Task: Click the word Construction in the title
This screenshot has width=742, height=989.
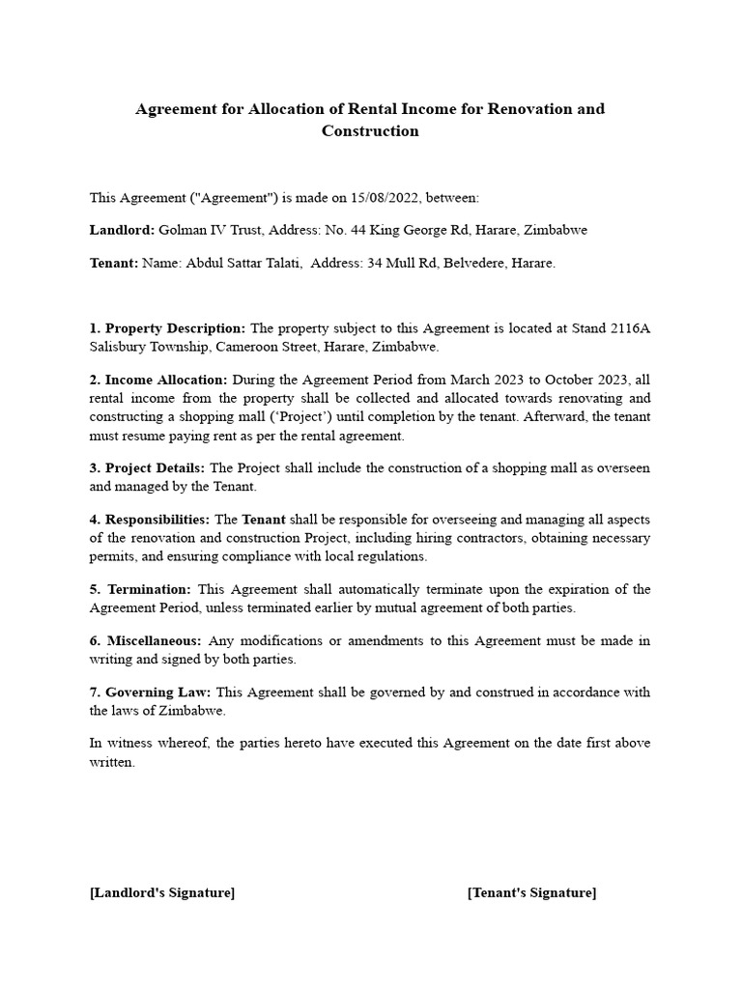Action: (x=370, y=131)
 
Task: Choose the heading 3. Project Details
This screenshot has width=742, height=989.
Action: (x=147, y=468)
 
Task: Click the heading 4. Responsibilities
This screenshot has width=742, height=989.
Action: (x=150, y=521)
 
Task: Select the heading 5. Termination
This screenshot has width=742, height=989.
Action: (x=141, y=590)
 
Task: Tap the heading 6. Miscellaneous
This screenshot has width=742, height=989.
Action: (x=146, y=641)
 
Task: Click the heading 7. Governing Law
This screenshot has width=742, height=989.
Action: (x=151, y=692)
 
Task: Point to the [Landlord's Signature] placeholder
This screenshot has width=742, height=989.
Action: (x=162, y=893)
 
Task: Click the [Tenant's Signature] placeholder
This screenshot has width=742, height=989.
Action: (x=531, y=893)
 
